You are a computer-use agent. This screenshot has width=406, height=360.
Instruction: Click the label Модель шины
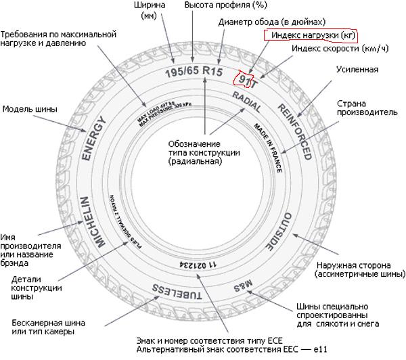[x=30, y=108]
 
